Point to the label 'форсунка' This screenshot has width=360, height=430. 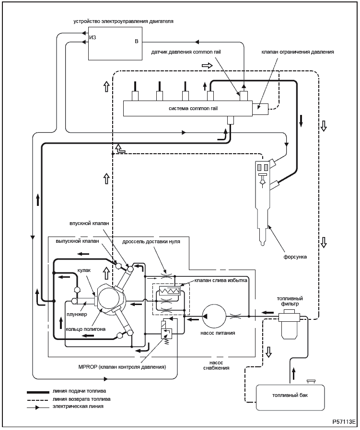(x=295, y=257)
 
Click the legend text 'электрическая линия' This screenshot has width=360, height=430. (x=78, y=407)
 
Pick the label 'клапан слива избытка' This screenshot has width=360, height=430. (x=221, y=281)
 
